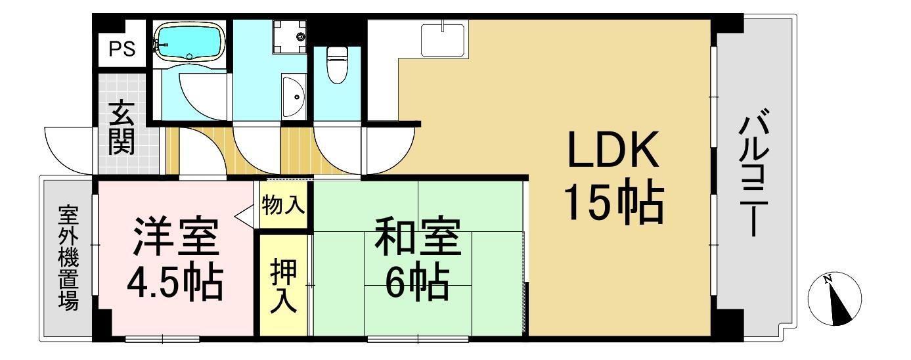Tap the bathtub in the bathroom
click(189, 41)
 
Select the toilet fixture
click(336, 64)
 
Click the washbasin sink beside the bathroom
click(294, 97)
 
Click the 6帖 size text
click(418, 282)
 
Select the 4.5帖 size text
click(174, 282)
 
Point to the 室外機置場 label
click(68, 258)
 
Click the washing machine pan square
click(290, 34)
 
